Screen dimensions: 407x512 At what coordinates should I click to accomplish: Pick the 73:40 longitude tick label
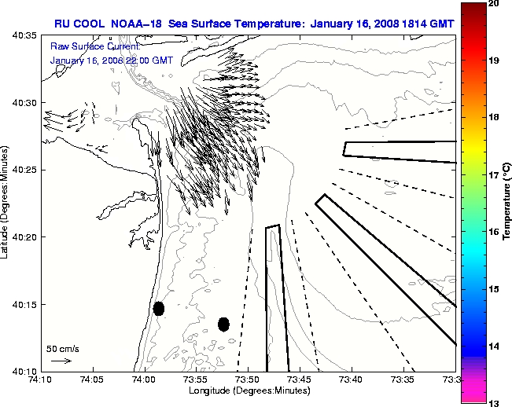click(x=352, y=380)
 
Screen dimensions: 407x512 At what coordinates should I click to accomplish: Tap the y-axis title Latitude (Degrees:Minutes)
click(x=6, y=203)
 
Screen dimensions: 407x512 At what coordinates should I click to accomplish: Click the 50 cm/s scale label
click(x=62, y=348)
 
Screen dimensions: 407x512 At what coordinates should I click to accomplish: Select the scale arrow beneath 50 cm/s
click(x=61, y=361)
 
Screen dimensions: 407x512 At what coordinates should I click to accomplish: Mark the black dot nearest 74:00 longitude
click(x=159, y=308)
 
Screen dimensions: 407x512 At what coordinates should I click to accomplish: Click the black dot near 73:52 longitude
click(x=223, y=324)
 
